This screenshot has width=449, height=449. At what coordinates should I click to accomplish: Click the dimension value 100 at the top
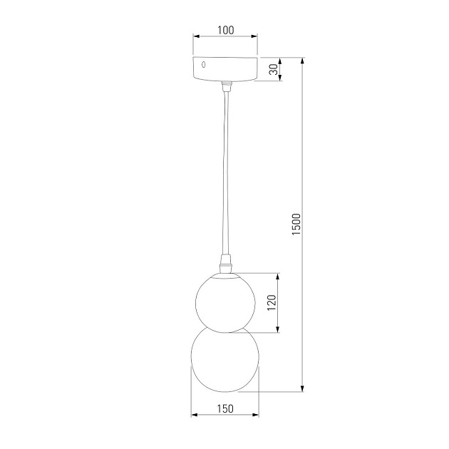click(x=225, y=30)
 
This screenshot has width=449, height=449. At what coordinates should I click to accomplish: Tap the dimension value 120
click(x=272, y=303)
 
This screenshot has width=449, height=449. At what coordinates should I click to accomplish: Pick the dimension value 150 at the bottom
click(x=225, y=408)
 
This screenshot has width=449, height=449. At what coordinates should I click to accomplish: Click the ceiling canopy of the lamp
click(x=225, y=68)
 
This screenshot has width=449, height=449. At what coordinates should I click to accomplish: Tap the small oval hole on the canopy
click(x=204, y=65)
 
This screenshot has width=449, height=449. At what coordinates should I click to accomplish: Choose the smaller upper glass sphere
click(x=225, y=301)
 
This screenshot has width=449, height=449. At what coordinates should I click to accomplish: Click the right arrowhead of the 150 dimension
click(x=255, y=415)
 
